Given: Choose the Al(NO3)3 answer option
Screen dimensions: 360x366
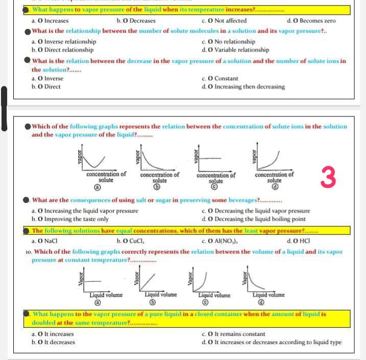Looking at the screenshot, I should [x=226, y=241].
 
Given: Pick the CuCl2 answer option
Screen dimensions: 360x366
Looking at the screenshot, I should [x=134, y=241].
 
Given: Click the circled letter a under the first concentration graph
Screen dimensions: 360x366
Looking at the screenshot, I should [x=106, y=187].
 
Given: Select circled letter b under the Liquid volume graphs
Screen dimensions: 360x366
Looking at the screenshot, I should [x=160, y=302].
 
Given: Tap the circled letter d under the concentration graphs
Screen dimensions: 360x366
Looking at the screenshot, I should [x=274, y=187].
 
